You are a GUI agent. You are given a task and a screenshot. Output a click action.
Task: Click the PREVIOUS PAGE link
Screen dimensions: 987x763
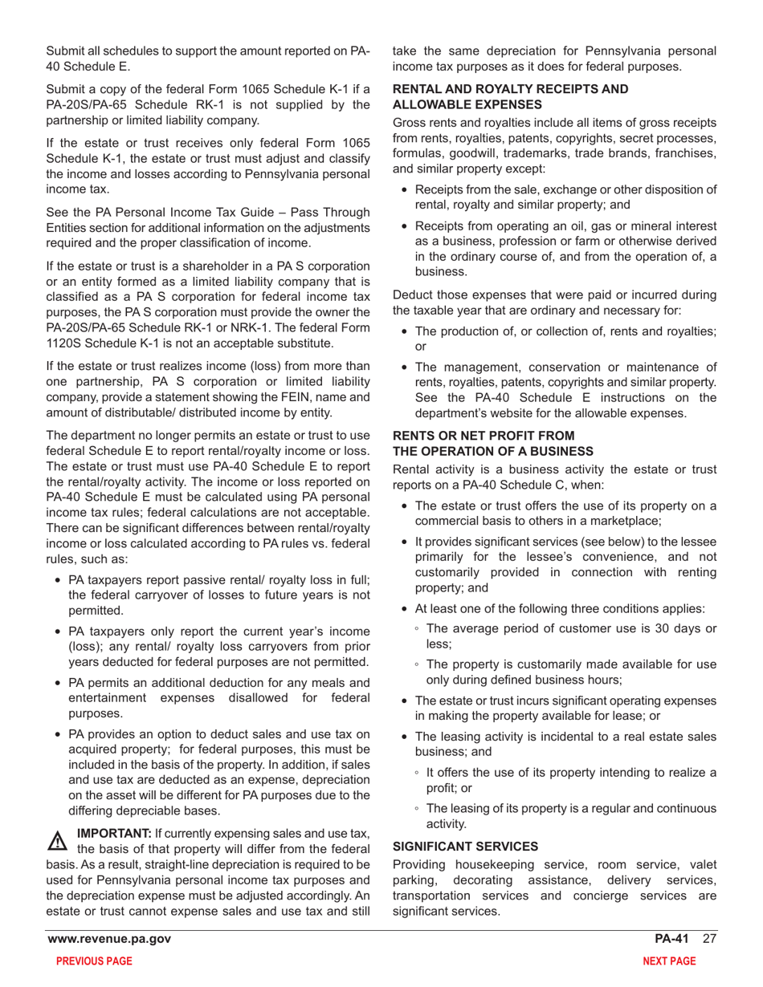pos(89,961)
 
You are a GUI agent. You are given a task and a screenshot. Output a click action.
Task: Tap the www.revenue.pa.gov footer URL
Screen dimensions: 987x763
pos(109,940)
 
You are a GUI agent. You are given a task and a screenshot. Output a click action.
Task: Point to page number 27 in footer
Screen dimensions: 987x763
pos(709,940)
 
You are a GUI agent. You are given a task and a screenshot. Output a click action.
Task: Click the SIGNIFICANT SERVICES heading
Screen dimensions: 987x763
pos(455,846)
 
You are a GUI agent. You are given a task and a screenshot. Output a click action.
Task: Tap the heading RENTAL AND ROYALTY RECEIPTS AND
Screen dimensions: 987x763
pos(510,90)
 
